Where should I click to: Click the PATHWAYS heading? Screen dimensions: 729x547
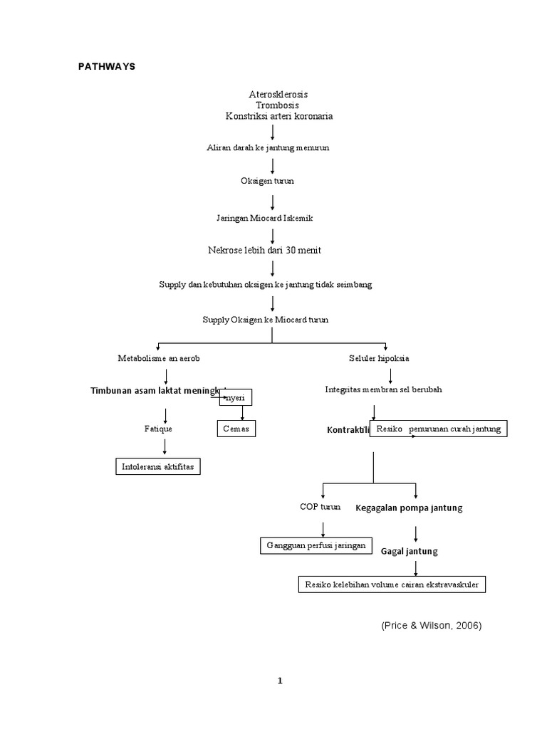point(106,66)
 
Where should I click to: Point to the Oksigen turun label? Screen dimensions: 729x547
point(267,181)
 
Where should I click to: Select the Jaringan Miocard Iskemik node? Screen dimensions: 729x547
point(264,218)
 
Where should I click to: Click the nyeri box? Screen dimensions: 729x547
point(236,397)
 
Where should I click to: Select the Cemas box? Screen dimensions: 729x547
point(236,429)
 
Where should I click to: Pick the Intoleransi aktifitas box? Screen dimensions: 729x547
point(159,467)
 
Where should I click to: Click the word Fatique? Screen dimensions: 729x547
point(158,429)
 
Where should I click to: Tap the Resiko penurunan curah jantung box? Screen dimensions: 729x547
point(438,429)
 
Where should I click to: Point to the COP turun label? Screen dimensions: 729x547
point(320,507)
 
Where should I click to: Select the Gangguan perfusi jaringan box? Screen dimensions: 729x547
point(316,545)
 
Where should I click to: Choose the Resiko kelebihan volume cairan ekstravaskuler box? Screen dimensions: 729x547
point(392,584)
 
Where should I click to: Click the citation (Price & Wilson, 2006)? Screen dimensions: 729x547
point(432,625)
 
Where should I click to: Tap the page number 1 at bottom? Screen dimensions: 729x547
point(280,681)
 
